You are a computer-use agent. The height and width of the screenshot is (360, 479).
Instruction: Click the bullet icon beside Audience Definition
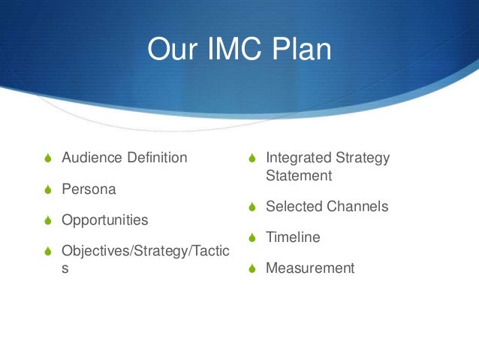pyautogui.click(x=50, y=159)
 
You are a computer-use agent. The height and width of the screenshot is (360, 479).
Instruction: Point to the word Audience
pyautogui.click(x=92, y=158)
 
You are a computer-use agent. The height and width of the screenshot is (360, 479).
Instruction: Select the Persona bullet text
pyautogui.click(x=89, y=189)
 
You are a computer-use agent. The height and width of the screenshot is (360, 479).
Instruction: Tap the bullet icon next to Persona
pyautogui.click(x=50, y=190)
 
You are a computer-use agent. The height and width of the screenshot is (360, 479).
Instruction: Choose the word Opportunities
pyautogui.click(x=104, y=221)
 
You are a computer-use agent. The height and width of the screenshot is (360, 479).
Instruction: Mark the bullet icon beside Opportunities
pyautogui.click(x=50, y=222)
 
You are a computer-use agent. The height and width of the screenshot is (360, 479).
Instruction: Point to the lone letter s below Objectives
pyautogui.click(x=65, y=268)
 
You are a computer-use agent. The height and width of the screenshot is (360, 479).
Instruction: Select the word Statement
pyautogui.click(x=298, y=175)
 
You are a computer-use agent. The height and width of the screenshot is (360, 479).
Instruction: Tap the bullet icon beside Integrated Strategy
pyautogui.click(x=253, y=159)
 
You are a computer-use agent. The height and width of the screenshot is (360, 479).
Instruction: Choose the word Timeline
pyautogui.click(x=293, y=237)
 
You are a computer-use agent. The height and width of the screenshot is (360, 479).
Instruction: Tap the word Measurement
pyautogui.click(x=310, y=268)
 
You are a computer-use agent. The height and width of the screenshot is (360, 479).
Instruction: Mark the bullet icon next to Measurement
pyautogui.click(x=253, y=269)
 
